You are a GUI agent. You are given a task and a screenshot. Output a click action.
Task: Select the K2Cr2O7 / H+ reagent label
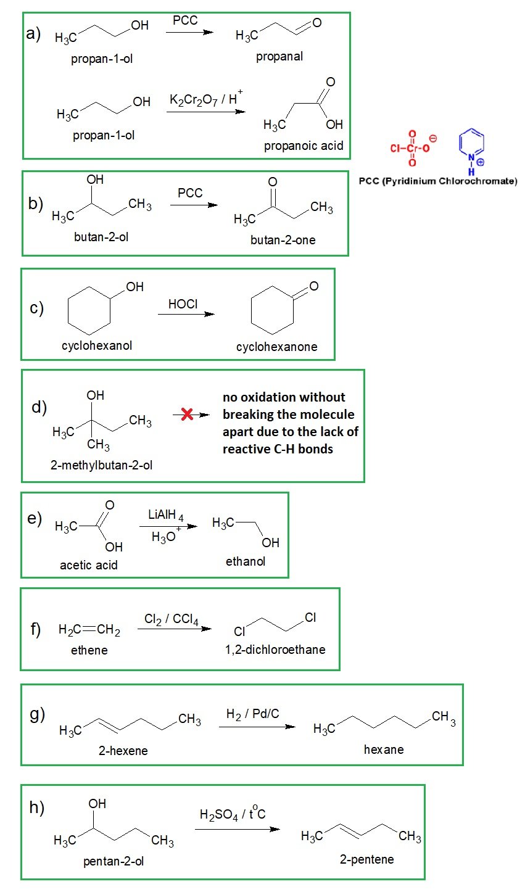pos(206,100)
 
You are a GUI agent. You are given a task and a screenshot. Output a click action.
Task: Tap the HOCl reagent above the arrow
pos(183,304)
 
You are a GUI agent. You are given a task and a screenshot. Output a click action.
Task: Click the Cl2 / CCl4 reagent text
pos(172,619)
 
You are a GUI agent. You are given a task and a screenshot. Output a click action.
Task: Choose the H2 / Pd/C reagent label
pos(253,714)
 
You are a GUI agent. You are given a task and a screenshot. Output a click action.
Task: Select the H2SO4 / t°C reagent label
pos(233,814)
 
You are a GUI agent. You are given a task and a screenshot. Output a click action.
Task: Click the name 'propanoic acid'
pos(304,146)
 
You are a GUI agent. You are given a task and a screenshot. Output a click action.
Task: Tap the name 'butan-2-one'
pos(283,240)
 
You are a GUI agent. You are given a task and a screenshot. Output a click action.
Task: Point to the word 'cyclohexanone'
pos(276,347)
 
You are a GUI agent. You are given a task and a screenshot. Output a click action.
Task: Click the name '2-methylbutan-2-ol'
pos(101,465)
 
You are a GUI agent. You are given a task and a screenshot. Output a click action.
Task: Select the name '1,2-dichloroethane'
pos(275,650)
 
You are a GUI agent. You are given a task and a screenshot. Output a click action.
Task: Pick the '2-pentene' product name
pos(366,859)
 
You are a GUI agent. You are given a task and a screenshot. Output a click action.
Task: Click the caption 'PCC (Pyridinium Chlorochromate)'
pos(438,181)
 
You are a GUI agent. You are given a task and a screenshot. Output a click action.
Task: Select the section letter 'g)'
pos(38,714)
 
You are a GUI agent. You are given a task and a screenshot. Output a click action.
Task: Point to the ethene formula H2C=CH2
pos(89,630)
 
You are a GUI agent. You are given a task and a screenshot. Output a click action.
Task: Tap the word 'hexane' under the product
pos(384,750)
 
